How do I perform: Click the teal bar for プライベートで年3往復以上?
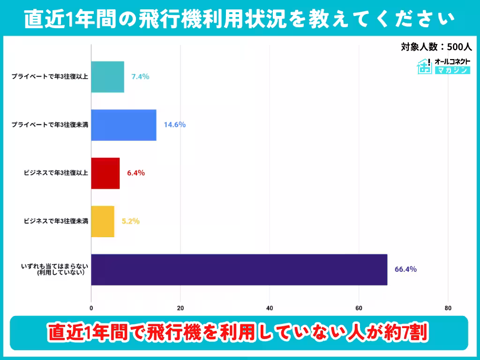(x=107, y=77)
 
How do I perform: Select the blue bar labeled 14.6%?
(x=123, y=125)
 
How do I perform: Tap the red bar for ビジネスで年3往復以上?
(x=105, y=173)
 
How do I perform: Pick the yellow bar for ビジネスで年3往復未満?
(x=102, y=221)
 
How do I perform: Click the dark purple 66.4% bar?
(x=239, y=270)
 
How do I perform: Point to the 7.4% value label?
(x=140, y=76)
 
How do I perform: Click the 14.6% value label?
(x=175, y=125)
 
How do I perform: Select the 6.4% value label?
(x=136, y=173)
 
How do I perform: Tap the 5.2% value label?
(x=131, y=221)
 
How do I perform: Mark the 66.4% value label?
(x=405, y=270)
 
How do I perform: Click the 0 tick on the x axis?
(x=91, y=308)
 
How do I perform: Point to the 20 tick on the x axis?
(x=180, y=308)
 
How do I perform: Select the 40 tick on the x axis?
(x=270, y=308)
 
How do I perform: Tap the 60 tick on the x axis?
(x=359, y=308)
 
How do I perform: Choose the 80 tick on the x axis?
(x=448, y=308)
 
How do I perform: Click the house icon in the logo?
(x=425, y=67)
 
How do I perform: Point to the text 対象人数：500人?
(x=435, y=47)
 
